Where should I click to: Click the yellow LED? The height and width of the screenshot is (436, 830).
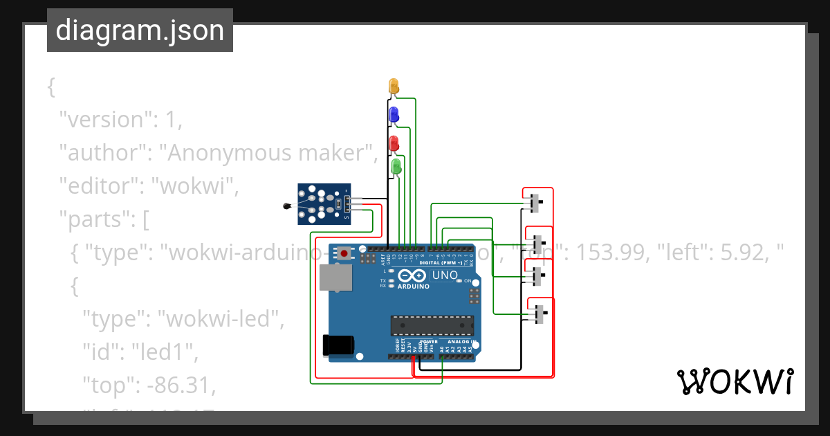tap(394, 86)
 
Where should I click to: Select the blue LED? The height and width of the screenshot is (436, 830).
tap(394, 115)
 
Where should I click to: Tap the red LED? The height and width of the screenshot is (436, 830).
tap(394, 143)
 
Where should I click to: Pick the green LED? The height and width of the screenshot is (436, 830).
tap(396, 167)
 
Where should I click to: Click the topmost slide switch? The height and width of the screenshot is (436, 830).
tap(534, 203)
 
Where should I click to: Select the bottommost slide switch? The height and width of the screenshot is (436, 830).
tap(539, 314)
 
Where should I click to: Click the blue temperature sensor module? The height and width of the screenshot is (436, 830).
tap(324, 204)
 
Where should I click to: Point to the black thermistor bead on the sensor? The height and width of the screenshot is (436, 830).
tap(286, 206)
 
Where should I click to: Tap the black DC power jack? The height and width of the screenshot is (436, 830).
tap(339, 345)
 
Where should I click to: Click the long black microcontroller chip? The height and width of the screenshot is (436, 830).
tap(432, 325)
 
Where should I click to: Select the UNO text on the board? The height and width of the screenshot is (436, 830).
tap(445, 275)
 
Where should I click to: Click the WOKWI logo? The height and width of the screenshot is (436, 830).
tap(734, 381)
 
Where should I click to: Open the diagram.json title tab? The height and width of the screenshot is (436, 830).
tap(140, 30)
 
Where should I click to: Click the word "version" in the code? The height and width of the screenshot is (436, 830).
tap(104, 119)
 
